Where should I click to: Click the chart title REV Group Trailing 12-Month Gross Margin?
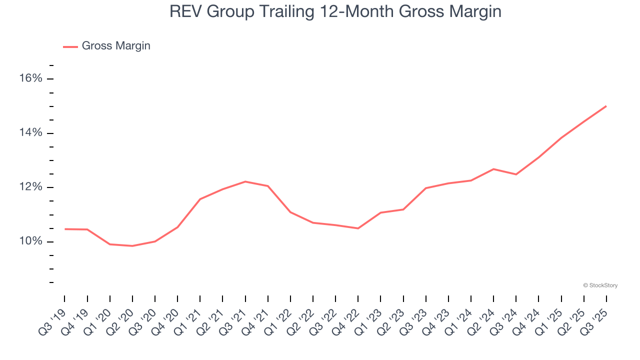(335, 11)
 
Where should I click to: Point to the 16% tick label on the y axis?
(30, 78)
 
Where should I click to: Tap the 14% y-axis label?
(30, 133)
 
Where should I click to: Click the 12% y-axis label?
(30, 187)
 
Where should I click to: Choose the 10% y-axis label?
(30, 242)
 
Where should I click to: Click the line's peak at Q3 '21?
(245, 181)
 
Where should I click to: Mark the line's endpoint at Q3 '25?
(606, 106)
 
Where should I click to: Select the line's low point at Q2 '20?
(132, 246)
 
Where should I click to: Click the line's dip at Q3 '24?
(516, 174)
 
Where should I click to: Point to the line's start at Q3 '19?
(65, 229)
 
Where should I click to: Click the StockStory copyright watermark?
(600, 285)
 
